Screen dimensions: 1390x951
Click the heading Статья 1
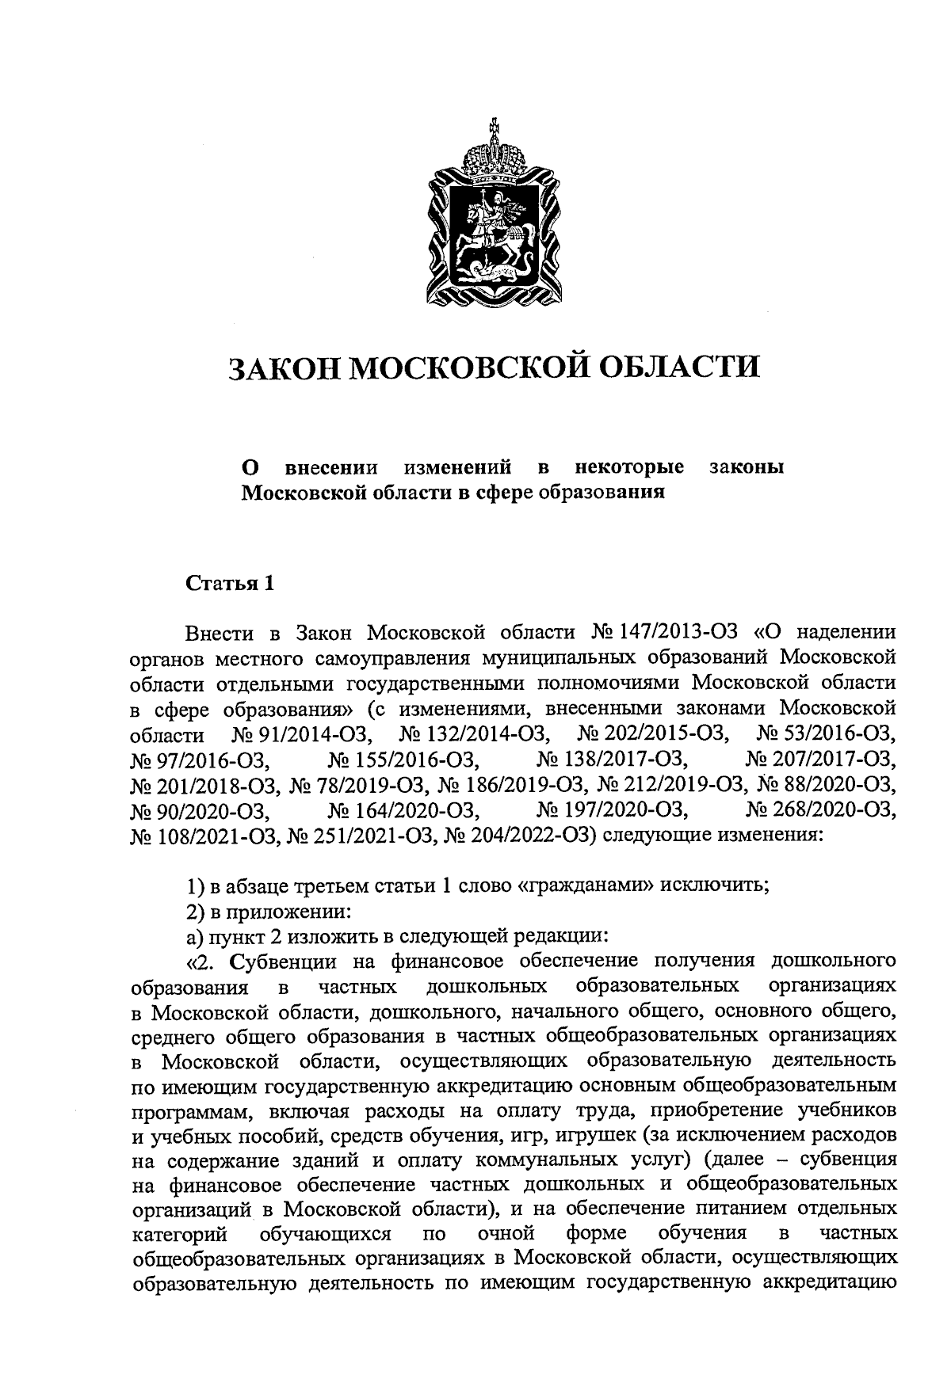[231, 585]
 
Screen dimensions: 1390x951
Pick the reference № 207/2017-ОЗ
[821, 760]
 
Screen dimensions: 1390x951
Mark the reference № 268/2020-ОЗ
[821, 810]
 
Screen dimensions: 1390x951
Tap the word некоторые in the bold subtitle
[630, 467]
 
